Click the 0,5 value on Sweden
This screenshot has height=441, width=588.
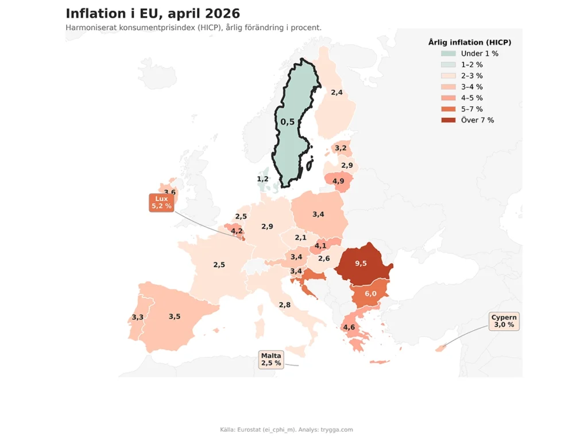288,122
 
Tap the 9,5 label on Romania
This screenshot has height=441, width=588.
361,264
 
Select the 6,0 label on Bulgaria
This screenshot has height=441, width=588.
370,293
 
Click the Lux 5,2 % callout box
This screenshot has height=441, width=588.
161,203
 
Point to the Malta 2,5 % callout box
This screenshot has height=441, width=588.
271,359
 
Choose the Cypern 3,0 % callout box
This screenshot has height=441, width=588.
504,321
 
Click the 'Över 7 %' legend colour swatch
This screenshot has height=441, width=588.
448,120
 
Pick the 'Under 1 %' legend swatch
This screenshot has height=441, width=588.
448,53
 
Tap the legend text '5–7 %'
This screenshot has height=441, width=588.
472,109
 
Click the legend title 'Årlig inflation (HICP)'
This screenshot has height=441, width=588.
470,42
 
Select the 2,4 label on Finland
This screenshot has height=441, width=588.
336,92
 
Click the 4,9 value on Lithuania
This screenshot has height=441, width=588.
338,181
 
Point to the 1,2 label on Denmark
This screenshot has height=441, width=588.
262,179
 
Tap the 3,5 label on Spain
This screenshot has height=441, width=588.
175,316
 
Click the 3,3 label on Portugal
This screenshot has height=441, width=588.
138,317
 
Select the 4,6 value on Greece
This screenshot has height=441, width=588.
349,327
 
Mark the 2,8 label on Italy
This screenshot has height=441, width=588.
285,305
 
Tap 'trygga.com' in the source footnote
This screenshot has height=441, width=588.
336,430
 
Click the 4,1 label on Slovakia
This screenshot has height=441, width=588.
320,246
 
